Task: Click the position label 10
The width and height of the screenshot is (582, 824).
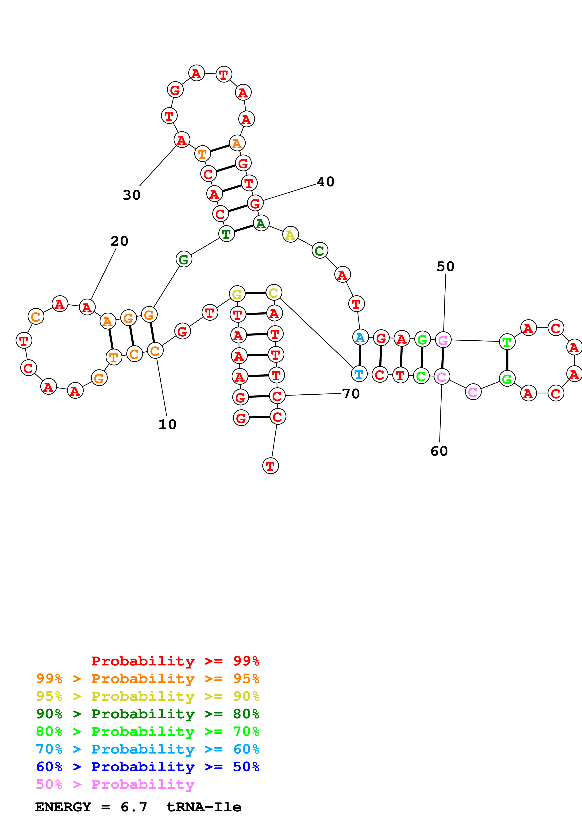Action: (167, 424)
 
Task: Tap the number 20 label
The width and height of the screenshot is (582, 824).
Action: (119, 241)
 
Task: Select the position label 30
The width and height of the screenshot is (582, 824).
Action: (132, 195)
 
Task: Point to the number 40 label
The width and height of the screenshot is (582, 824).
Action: (326, 182)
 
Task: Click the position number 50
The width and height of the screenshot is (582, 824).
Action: (445, 267)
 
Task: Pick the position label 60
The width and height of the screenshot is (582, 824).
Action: (439, 451)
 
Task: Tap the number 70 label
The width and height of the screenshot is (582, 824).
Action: (351, 394)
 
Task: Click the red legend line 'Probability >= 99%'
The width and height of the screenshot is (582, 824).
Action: (175, 661)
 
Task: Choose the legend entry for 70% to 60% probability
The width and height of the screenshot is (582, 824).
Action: (147, 749)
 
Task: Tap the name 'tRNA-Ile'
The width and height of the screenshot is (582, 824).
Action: (204, 807)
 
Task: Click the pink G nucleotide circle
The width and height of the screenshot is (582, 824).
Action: (443, 340)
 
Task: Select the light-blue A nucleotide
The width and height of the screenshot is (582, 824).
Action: (360, 337)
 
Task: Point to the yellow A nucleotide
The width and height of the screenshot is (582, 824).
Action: (290, 235)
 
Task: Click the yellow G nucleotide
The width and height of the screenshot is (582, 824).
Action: (237, 294)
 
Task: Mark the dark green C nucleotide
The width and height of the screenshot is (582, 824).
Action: (320, 250)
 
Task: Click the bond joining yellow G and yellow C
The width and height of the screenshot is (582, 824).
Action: (255, 293)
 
